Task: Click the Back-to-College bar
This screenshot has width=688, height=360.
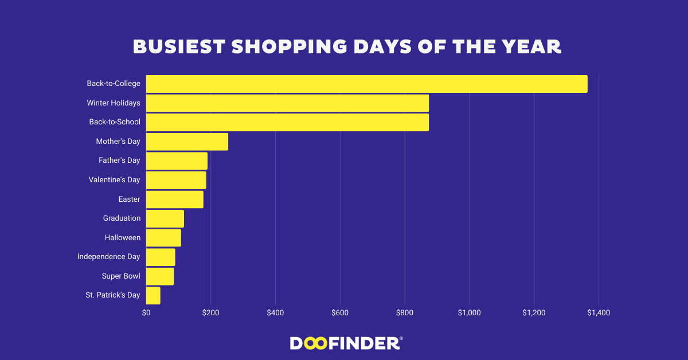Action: click(x=366, y=84)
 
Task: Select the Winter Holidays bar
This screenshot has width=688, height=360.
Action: click(x=287, y=103)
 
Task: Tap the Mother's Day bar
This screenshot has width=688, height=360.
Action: click(x=187, y=142)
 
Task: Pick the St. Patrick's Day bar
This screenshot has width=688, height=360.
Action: click(x=153, y=295)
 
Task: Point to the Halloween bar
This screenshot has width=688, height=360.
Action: click(x=163, y=237)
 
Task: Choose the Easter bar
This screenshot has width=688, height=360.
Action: click(x=174, y=199)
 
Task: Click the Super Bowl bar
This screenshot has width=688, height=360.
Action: click(x=160, y=276)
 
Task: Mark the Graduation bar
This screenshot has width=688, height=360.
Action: click(x=165, y=218)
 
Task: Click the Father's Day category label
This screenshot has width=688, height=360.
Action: click(x=119, y=161)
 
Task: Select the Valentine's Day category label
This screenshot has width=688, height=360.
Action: click(x=114, y=180)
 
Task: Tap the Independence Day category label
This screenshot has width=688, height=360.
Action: click(x=108, y=257)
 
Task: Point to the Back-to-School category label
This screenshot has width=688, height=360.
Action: click(x=115, y=122)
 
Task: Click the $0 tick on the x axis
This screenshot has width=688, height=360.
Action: click(x=146, y=313)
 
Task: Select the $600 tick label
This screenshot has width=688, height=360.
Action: click(x=340, y=313)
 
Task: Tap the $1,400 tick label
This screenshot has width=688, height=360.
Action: click(x=599, y=313)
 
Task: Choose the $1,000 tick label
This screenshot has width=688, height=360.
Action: click(x=470, y=313)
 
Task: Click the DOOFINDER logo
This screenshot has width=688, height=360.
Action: click(x=346, y=343)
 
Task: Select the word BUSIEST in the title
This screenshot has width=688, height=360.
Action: click(x=178, y=46)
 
